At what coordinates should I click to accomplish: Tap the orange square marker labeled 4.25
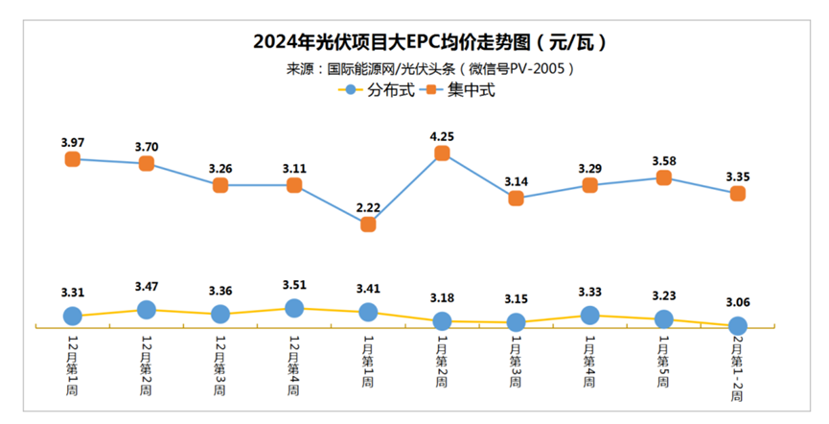(x=442, y=153)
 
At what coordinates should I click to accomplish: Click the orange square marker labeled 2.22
(x=368, y=224)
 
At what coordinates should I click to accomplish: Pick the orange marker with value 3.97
(x=72, y=159)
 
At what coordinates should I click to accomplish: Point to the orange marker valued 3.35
(x=738, y=194)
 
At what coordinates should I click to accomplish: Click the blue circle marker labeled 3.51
(x=294, y=308)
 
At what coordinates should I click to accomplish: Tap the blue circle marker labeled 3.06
(x=738, y=325)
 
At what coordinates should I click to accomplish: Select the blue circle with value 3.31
(x=72, y=316)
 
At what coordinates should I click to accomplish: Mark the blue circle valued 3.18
(x=442, y=321)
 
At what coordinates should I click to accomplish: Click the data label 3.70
(x=147, y=147)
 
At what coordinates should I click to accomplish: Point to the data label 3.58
(x=664, y=160)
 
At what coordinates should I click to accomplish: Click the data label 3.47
(x=147, y=287)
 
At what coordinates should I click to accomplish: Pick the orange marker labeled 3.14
(x=517, y=199)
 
